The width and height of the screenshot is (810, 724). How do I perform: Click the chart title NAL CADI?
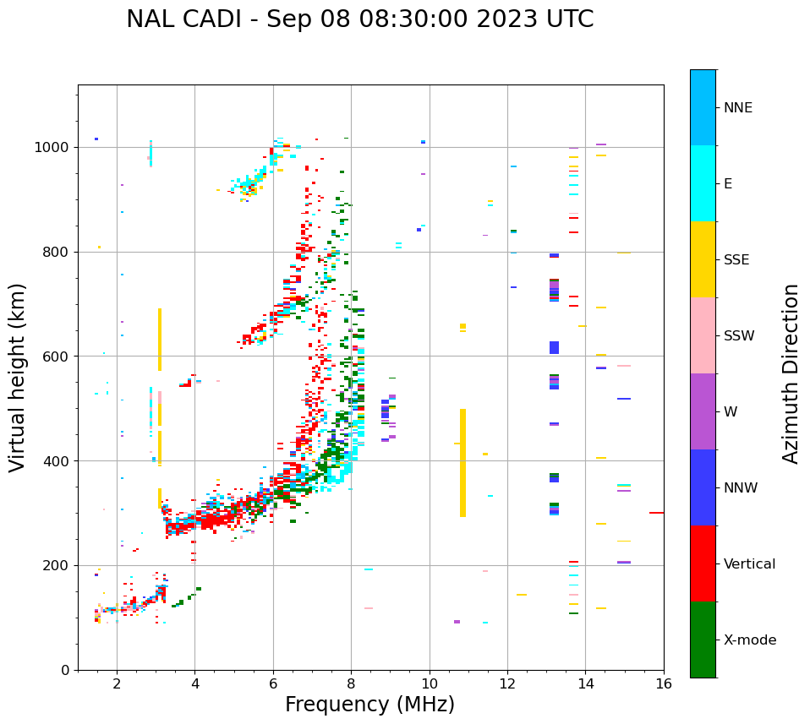click(x=359, y=19)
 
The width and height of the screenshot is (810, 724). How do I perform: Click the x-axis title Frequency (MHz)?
click(x=369, y=705)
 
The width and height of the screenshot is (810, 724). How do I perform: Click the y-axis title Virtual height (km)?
click(x=19, y=377)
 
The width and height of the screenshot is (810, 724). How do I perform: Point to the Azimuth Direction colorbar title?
click(x=791, y=373)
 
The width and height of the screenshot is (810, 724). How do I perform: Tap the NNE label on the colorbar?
click(x=737, y=108)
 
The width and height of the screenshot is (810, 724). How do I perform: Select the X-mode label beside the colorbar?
click(x=749, y=640)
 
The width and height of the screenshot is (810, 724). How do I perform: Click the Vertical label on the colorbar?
click(x=749, y=564)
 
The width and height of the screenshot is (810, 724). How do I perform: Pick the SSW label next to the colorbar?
click(x=739, y=336)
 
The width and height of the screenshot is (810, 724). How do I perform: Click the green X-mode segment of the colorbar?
click(x=703, y=640)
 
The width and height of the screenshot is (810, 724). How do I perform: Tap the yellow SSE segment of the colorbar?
click(x=703, y=259)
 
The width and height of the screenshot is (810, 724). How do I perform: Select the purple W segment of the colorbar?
click(x=703, y=411)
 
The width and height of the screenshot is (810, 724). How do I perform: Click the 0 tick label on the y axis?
click(x=64, y=670)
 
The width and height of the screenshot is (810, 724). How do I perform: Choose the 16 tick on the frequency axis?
click(x=664, y=683)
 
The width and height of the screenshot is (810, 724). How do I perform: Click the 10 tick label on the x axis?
click(x=430, y=683)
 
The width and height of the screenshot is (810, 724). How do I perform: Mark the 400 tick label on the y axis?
click(x=57, y=461)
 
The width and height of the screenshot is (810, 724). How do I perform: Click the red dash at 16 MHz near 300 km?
click(x=656, y=513)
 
